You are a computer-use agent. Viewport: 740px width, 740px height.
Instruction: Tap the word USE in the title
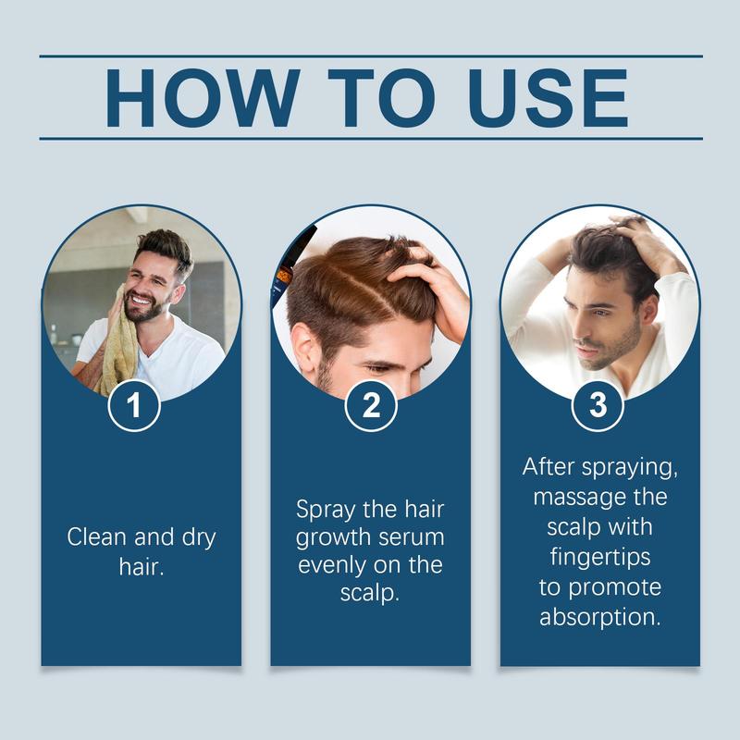tap(549, 98)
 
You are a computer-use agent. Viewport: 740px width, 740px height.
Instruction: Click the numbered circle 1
tap(134, 405)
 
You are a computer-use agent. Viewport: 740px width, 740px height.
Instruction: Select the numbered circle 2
tap(371, 405)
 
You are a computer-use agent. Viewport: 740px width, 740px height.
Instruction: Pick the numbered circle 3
tap(598, 405)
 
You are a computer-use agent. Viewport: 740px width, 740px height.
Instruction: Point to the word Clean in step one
tap(97, 537)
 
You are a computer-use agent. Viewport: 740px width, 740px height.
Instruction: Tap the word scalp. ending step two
tap(370, 594)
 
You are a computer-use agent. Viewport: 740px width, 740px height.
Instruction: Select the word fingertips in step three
tap(600, 558)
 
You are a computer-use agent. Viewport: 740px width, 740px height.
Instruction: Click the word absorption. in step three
tap(600, 617)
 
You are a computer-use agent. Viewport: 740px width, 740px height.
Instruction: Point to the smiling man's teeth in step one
tap(142, 299)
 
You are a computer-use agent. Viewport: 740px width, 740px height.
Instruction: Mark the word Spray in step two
tap(326, 511)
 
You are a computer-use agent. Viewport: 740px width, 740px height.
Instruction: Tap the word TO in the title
tap(381, 98)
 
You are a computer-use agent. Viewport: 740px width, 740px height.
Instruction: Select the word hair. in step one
tap(142, 566)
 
